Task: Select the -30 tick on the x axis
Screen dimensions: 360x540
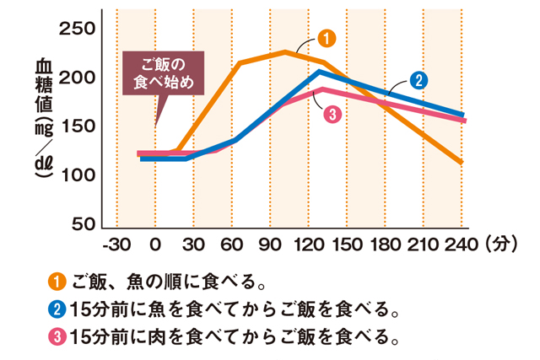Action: (116, 246)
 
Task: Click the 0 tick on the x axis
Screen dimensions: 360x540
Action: (155, 246)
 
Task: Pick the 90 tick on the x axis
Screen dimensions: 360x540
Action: (271, 246)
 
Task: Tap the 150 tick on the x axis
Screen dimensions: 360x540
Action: (348, 246)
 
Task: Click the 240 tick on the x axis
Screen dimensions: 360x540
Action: (463, 246)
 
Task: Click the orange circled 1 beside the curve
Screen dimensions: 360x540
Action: (327, 38)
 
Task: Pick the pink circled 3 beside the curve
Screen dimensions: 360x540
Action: (332, 114)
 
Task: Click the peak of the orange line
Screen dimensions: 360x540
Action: (285, 52)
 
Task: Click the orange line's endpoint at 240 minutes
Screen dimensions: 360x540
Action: (462, 162)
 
